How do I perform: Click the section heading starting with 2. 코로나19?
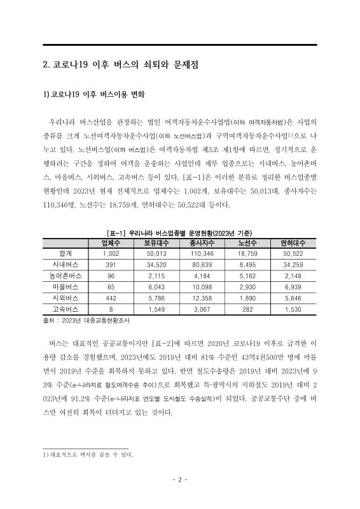point(111,65)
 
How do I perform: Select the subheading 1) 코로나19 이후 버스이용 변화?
point(94,95)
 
